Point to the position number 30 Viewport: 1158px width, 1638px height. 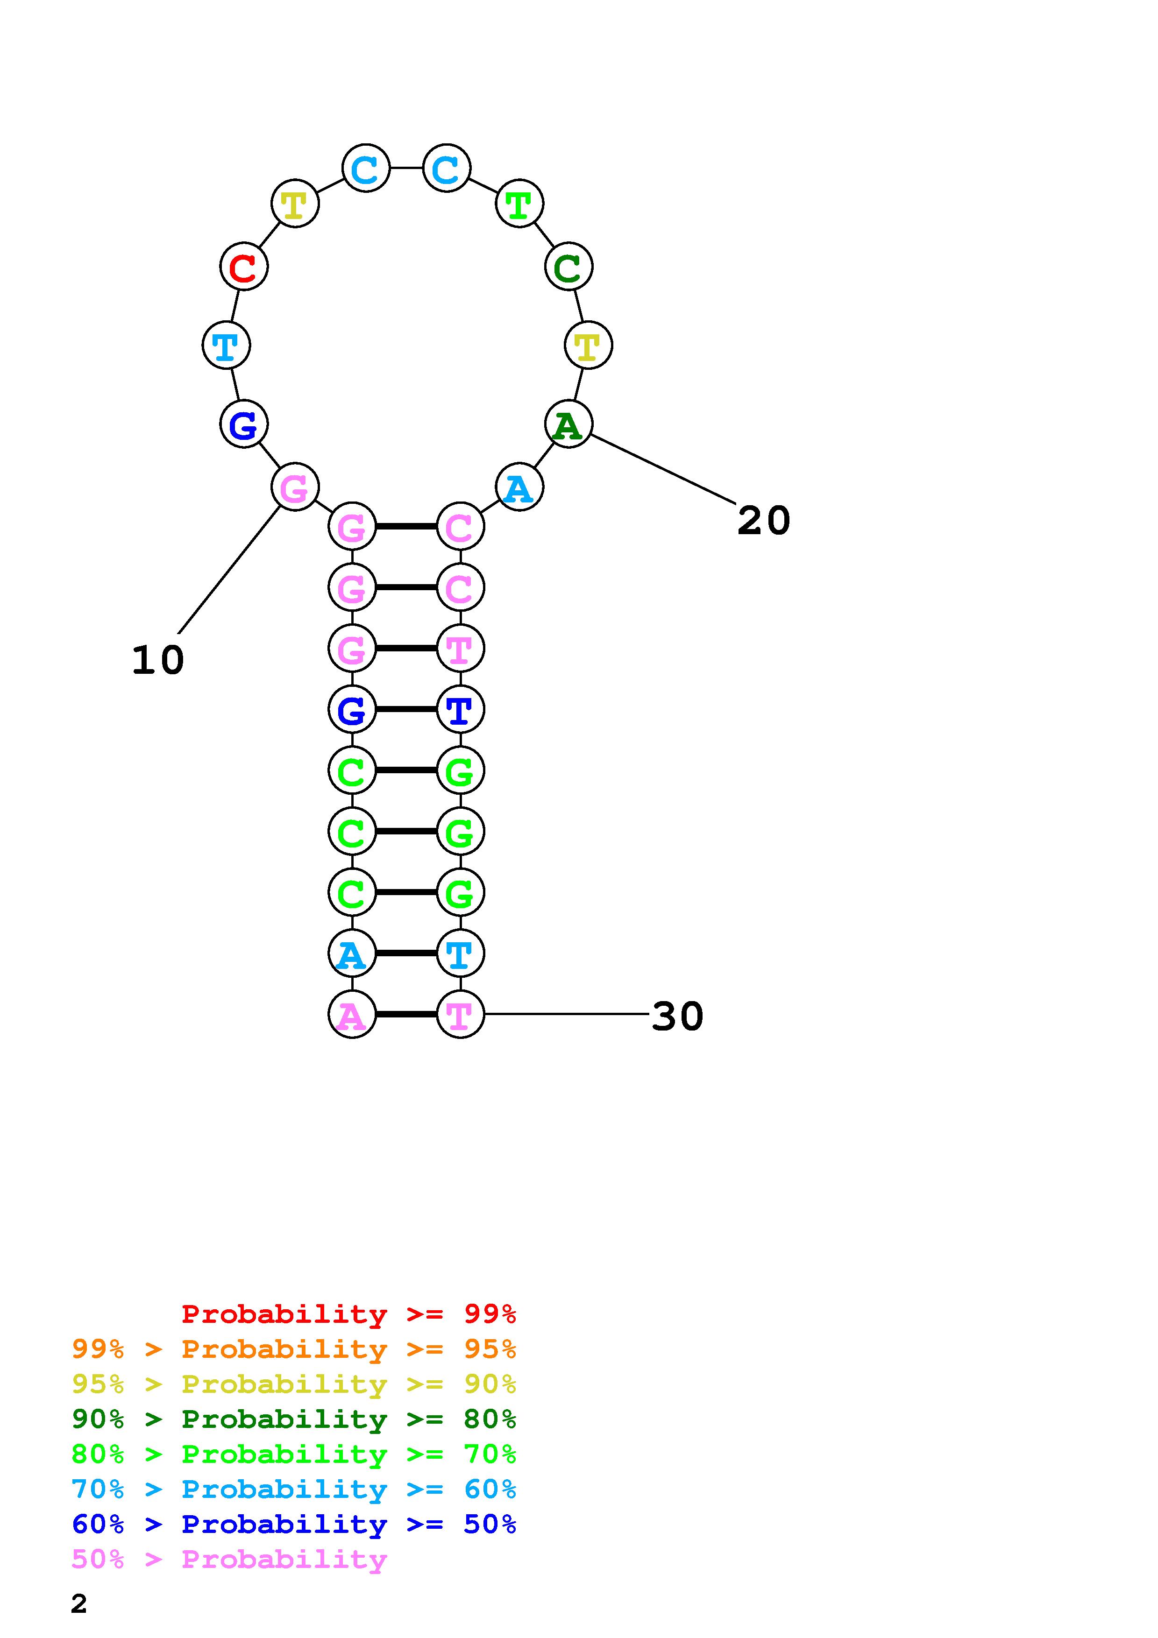pyautogui.click(x=677, y=1016)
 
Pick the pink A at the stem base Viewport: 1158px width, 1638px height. pyautogui.click(x=352, y=1015)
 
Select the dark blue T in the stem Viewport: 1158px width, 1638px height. pyautogui.click(x=460, y=710)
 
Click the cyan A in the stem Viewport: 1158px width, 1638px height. pyautogui.click(x=352, y=954)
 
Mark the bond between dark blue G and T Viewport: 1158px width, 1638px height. pyautogui.click(x=406, y=709)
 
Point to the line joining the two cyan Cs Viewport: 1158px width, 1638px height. pyautogui.click(x=406, y=169)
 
